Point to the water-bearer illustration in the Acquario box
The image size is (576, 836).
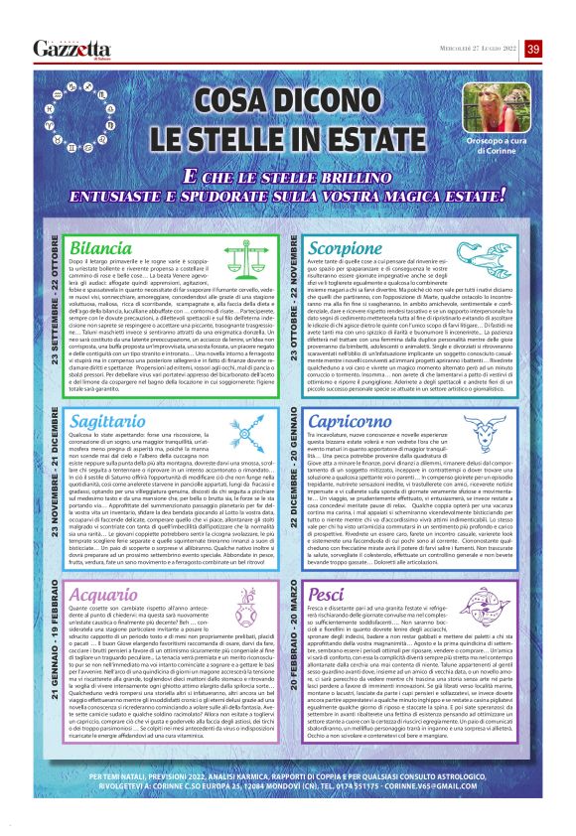[248, 605]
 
